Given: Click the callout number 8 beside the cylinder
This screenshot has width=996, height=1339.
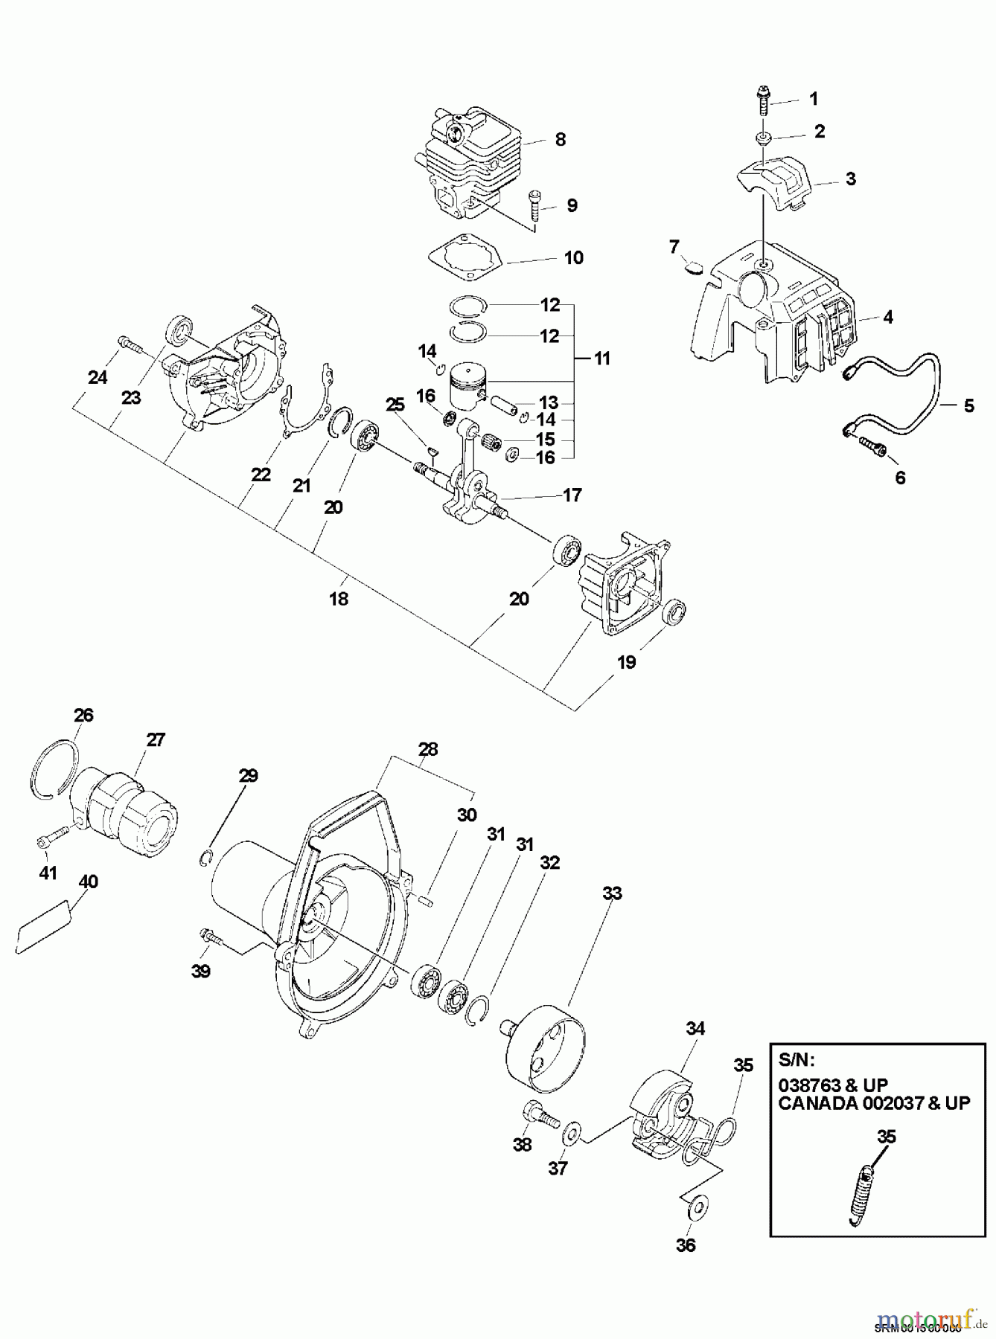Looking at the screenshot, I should click(x=560, y=139).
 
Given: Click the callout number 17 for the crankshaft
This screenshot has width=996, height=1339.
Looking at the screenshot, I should click(x=572, y=495).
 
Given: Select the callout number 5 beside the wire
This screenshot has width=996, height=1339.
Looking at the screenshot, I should click(x=968, y=405).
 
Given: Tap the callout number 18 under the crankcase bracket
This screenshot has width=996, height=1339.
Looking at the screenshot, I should click(x=338, y=598).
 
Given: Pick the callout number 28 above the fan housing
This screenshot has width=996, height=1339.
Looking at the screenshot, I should click(x=428, y=750).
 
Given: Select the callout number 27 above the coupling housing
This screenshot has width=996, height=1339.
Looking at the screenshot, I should click(x=156, y=739).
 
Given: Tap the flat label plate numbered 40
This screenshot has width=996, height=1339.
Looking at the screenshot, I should click(x=45, y=924).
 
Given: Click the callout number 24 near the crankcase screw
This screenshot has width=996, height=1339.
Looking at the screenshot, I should click(x=98, y=378).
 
